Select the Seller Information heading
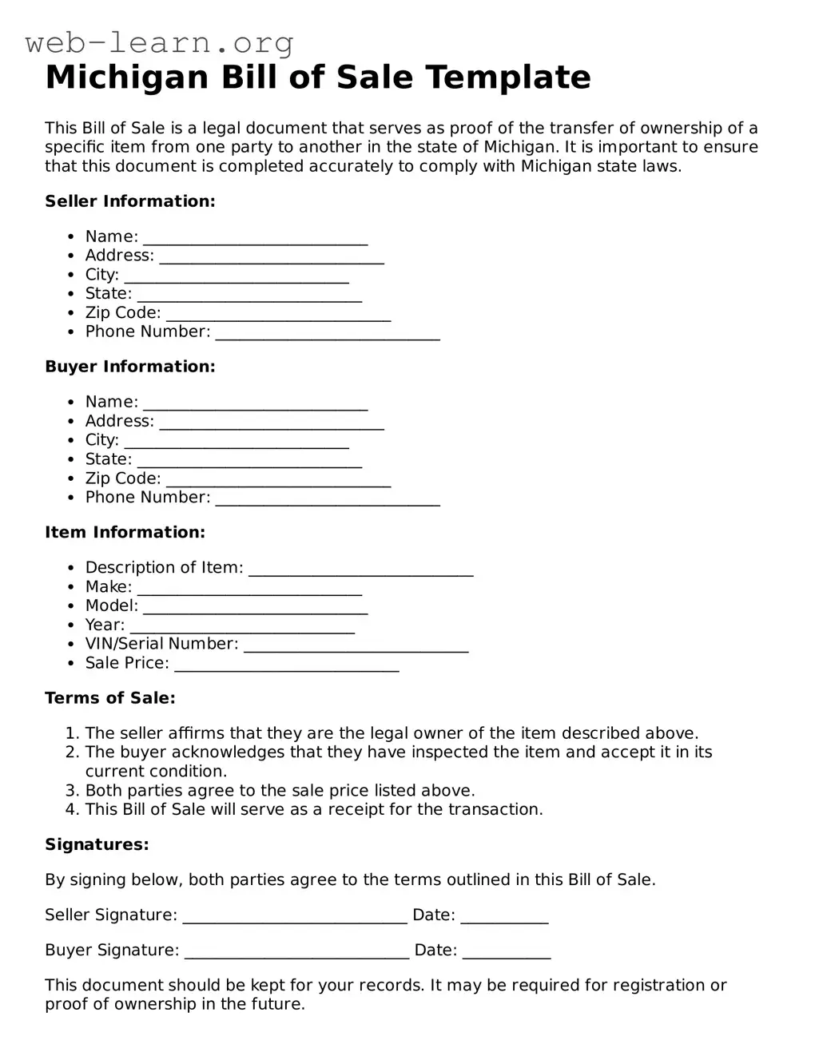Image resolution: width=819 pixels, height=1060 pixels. pyautogui.click(x=129, y=201)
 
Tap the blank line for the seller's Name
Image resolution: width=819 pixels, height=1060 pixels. pyautogui.click(x=255, y=239)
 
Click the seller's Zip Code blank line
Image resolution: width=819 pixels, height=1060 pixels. pyautogui.click(x=278, y=315)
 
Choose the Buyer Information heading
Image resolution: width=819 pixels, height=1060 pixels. pyautogui.click(x=129, y=367)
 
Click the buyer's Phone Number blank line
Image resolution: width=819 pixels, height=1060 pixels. pyautogui.click(x=328, y=499)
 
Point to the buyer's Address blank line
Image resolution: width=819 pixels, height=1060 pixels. pyautogui.click(x=272, y=423)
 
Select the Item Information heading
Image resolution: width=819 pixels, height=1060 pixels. pyautogui.click(x=125, y=532)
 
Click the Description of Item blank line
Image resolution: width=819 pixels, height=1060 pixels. pyautogui.click(x=361, y=570)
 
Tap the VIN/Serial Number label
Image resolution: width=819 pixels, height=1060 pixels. pyautogui.click(x=161, y=644)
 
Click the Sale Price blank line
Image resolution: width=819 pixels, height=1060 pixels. pyautogui.click(x=286, y=665)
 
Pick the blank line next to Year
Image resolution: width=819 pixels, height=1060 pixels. pyautogui.click(x=242, y=627)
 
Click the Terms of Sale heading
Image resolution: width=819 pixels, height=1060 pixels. pyautogui.click(x=109, y=698)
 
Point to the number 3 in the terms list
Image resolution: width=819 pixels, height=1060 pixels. pyautogui.click(x=71, y=791)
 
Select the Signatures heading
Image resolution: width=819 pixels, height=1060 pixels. pyautogui.click(x=97, y=844)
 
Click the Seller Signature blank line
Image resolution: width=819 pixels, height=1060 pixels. pyautogui.click(x=295, y=917)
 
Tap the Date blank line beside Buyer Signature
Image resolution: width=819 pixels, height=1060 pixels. pyautogui.click(x=507, y=952)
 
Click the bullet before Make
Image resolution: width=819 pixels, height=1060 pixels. pyautogui.click(x=71, y=587)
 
